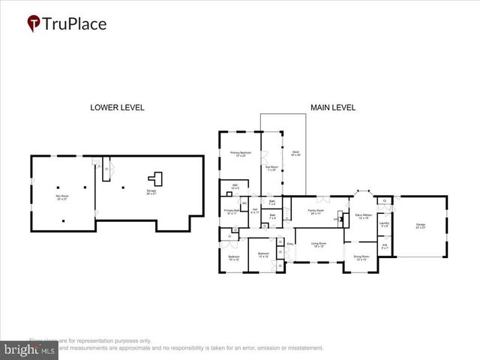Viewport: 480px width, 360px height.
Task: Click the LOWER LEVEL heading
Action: pyautogui.click(x=117, y=108)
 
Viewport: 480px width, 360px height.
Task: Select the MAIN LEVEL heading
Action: pyautogui.click(x=334, y=108)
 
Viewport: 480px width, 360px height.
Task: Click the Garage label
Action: pyautogui.click(x=420, y=226)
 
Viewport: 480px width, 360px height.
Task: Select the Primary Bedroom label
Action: pyautogui.click(x=239, y=154)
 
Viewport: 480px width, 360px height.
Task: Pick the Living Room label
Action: pyautogui.click(x=319, y=245)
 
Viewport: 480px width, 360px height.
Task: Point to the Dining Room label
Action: pyautogui.click(x=361, y=258)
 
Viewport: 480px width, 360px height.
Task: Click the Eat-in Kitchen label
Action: pyautogui.click(x=364, y=215)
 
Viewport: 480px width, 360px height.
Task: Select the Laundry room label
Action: pyautogui.click(x=384, y=224)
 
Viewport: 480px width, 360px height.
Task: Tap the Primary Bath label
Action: pyautogui.click(x=231, y=211)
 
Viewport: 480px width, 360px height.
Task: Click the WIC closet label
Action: pyautogui.click(x=234, y=187)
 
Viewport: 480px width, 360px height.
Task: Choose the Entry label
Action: pyautogui.click(x=290, y=244)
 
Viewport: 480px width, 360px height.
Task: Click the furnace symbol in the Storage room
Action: pyautogui.click(x=156, y=178)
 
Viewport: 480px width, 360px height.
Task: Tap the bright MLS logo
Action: pyautogui.click(x=29, y=349)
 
